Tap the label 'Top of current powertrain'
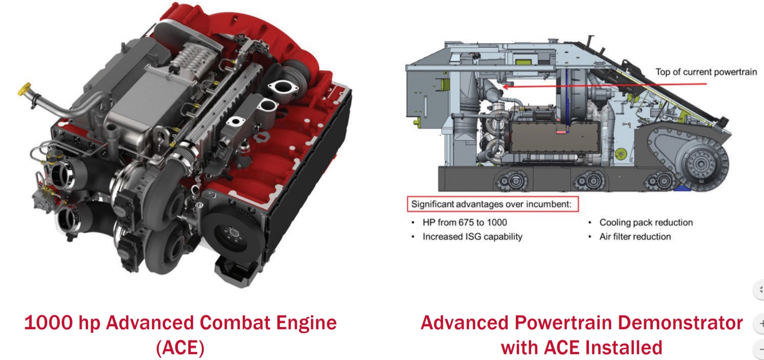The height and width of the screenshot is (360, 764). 706,72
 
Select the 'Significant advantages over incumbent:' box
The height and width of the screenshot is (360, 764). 493,204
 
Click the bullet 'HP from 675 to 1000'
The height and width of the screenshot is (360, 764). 465,223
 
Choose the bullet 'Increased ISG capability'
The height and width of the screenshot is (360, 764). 472,237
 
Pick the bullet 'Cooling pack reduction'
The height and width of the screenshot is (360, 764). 646,223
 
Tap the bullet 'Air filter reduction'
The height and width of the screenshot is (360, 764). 635,237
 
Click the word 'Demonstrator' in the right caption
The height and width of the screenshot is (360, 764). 680,322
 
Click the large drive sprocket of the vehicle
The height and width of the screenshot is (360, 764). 701,164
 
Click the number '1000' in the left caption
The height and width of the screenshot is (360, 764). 49,322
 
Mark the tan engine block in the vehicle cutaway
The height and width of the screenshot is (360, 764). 554,137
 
